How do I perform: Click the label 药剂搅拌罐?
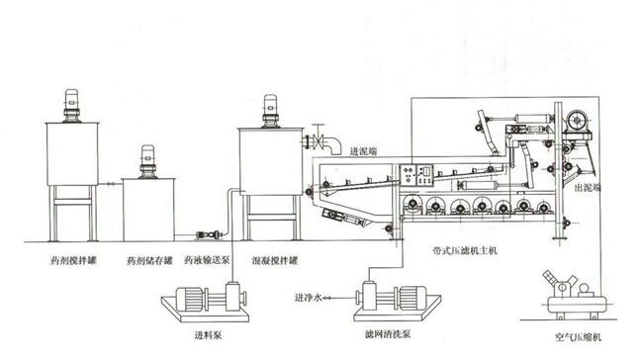click(x=74, y=260)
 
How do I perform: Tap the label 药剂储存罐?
click(x=149, y=260)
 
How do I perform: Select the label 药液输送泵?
click(x=207, y=260)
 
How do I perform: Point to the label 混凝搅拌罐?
click(x=275, y=260)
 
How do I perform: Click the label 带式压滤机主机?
click(x=465, y=250)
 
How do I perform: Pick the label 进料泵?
click(x=208, y=335)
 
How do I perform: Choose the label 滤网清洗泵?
click(x=388, y=334)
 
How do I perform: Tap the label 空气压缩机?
click(x=579, y=337)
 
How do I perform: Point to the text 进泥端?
click(x=363, y=151)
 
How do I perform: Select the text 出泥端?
click(x=588, y=187)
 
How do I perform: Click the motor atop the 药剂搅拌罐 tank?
click(x=72, y=106)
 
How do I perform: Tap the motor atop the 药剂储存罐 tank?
click(x=148, y=161)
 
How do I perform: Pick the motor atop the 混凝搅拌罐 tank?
click(x=271, y=111)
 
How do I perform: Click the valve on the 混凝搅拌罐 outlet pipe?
click(x=318, y=137)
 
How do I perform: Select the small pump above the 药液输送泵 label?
click(x=210, y=234)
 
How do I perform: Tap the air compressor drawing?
click(x=576, y=295)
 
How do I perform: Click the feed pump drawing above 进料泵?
click(x=206, y=302)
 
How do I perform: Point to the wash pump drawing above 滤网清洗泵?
click(x=397, y=301)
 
